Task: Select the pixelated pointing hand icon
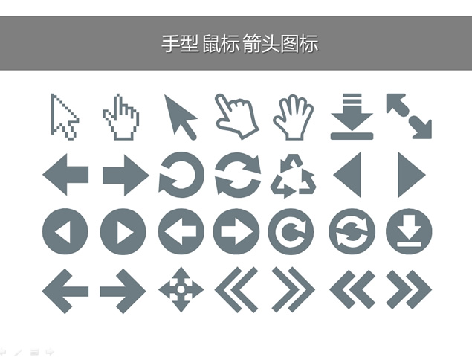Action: pyautogui.click(x=121, y=118)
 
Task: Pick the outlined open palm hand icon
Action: pyautogui.click(x=294, y=118)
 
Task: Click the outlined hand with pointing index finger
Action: pyautogui.click(x=237, y=117)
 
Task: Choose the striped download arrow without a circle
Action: pyautogui.click(x=352, y=117)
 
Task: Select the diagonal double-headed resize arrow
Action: pyautogui.click(x=409, y=116)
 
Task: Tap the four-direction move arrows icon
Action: pyautogui.click(x=181, y=289)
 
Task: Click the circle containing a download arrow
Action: pyautogui.click(x=409, y=231)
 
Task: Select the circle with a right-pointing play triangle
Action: pyautogui.click(x=123, y=231)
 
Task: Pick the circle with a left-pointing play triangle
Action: pyautogui.click(x=65, y=231)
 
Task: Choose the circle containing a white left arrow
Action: pyautogui.click(x=181, y=231)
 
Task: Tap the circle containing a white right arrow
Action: pyautogui.click(x=236, y=231)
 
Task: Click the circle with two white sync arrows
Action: pyautogui.click(x=352, y=231)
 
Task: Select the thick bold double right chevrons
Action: pyautogui.click(x=409, y=290)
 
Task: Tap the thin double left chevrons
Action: pyautogui.click(x=236, y=289)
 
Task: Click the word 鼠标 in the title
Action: pyautogui.click(x=222, y=44)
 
